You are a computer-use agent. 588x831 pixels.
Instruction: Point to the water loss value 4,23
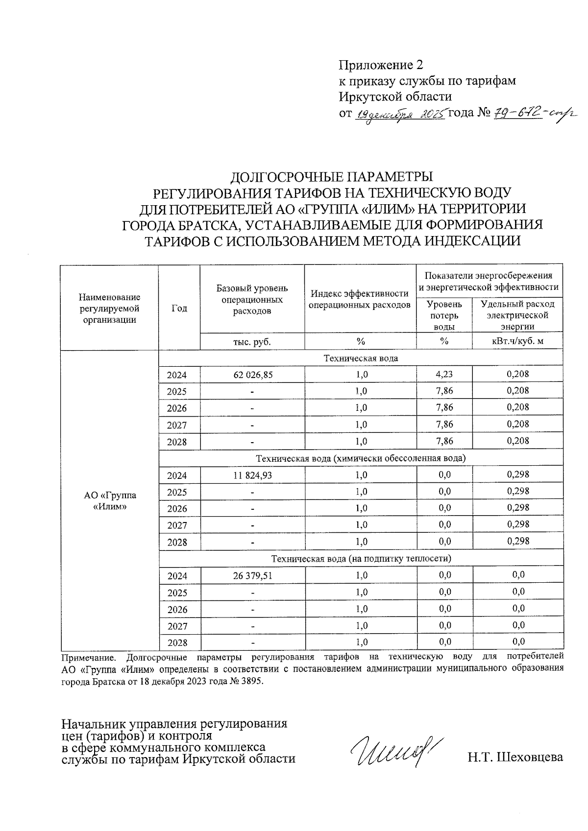pos(444,375)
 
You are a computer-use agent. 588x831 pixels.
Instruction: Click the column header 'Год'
pos(179,308)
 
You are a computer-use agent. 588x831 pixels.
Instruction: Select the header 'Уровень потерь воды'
pos(444,315)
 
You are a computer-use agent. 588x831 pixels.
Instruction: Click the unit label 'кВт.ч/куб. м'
pos(517,341)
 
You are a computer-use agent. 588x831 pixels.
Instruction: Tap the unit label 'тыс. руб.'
pos(252,341)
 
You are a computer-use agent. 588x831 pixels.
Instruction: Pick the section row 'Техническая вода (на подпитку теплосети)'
pos(361,558)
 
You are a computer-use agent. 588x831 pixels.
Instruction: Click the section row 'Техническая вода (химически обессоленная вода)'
pos(361,458)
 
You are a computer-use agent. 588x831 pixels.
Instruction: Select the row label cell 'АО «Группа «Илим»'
pos(110,500)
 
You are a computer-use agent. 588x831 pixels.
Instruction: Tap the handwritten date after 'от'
pos(400,115)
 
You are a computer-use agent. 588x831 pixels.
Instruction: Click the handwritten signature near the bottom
pos(395,750)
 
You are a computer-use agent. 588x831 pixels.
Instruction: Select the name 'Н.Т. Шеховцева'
pos(515,758)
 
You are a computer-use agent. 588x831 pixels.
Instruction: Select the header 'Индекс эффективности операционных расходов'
pos(360,299)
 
